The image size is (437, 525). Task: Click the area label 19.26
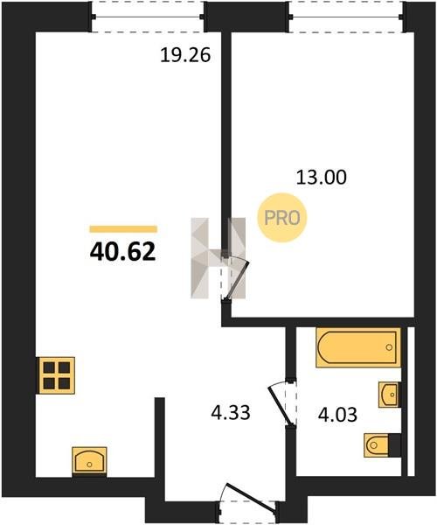(x=185, y=55)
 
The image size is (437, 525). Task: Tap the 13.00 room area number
(x=322, y=178)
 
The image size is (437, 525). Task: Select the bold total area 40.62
(x=122, y=252)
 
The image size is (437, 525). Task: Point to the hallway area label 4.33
(x=231, y=412)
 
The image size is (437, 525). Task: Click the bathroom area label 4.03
(x=337, y=415)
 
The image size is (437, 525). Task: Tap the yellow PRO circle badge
(x=282, y=218)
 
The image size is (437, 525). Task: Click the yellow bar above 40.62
(x=123, y=229)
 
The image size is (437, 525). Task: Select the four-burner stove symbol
(x=57, y=375)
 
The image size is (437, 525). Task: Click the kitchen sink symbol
(x=89, y=461)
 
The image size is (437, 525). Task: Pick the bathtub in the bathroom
(x=358, y=347)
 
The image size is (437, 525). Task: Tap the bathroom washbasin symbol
(x=389, y=395)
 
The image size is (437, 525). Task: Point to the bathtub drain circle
(x=389, y=347)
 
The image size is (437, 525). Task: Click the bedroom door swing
(x=236, y=276)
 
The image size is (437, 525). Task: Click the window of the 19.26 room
(x=148, y=17)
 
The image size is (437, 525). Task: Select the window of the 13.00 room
(x=347, y=17)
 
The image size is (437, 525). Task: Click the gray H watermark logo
(x=218, y=258)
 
